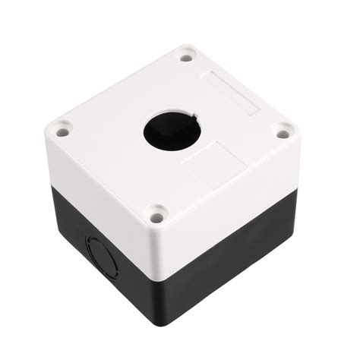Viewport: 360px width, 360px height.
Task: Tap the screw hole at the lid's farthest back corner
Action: [x=186, y=55]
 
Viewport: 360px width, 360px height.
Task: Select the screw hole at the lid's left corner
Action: [x=62, y=132]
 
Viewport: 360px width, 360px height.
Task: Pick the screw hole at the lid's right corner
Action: [x=283, y=134]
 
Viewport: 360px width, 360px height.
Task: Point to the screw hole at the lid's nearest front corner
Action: [x=156, y=217]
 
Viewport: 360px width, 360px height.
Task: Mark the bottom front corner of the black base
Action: [x=162, y=325]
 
